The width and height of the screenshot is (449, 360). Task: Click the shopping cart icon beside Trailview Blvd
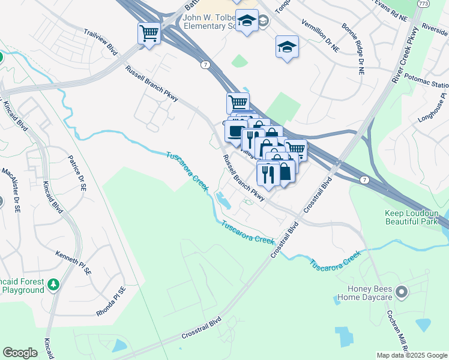tap(149, 33)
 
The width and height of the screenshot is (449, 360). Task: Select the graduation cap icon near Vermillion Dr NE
tap(287, 47)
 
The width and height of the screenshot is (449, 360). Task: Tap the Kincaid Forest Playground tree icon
tap(54, 283)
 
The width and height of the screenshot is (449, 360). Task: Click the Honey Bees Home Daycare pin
tap(402, 292)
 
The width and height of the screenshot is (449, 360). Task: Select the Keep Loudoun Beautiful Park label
tap(412, 218)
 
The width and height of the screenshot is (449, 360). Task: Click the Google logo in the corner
tap(20, 353)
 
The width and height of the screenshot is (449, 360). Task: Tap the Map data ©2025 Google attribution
tap(411, 355)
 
